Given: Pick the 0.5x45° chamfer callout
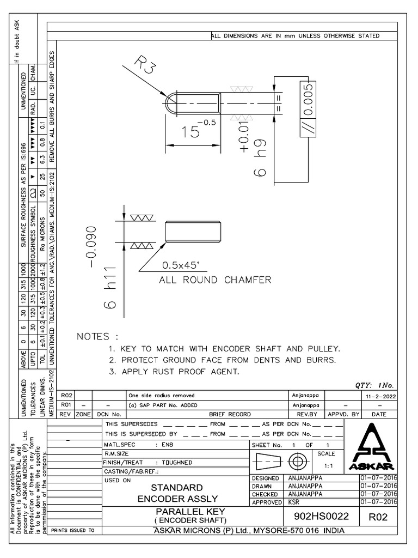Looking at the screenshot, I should click(x=181, y=266).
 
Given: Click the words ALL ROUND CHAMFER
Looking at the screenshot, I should click(x=215, y=280).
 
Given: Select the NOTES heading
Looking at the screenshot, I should click(x=97, y=336).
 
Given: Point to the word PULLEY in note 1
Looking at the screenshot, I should click(x=324, y=348).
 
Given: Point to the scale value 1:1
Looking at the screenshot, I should click(x=329, y=466).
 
